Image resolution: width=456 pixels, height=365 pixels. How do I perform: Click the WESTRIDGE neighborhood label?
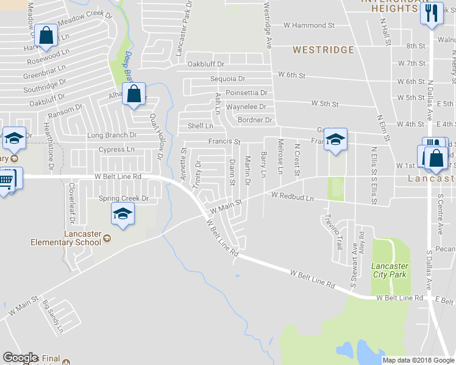click(323, 50)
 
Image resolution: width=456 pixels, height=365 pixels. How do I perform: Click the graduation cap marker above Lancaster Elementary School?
click(123, 215)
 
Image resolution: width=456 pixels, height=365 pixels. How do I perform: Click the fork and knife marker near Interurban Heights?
click(432, 13)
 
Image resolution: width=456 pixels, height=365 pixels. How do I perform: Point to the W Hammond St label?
click(309, 26)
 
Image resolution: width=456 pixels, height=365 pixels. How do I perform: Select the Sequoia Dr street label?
click(227, 79)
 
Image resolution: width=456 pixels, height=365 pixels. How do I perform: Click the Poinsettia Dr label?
click(246, 93)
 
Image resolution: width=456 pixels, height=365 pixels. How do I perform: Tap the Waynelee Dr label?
click(246, 106)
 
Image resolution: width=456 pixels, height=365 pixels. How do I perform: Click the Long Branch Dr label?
click(112, 135)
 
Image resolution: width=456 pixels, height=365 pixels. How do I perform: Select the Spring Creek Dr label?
click(124, 199)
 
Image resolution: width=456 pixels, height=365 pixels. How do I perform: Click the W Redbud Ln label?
click(293, 196)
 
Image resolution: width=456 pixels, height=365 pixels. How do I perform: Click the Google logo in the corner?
click(20, 358)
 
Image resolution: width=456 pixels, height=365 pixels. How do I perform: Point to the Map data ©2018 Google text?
click(418, 360)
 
